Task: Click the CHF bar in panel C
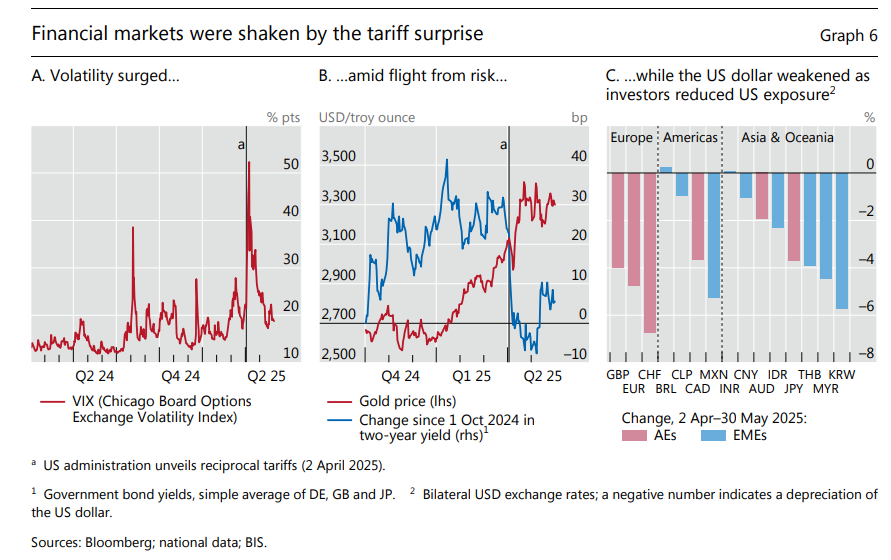click(650, 252)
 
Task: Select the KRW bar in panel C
click(842, 241)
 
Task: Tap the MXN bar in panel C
click(714, 235)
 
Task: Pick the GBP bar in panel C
click(618, 220)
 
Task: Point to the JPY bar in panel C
click(794, 217)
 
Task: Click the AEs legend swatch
click(636, 436)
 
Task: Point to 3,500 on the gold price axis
click(339, 157)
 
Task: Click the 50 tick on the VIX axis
click(291, 164)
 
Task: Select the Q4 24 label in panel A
click(180, 376)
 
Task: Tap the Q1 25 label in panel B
click(471, 376)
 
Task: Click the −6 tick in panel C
click(868, 307)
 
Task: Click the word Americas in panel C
click(691, 138)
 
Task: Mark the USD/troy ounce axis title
click(367, 118)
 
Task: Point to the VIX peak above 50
click(248, 163)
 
